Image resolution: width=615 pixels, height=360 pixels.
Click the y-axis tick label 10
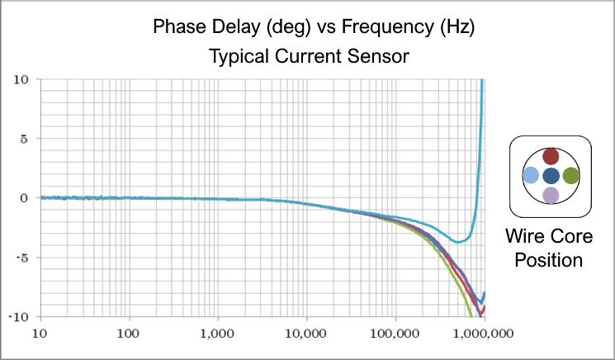[x=21, y=79]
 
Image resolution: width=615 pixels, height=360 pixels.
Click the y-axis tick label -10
[x=19, y=316]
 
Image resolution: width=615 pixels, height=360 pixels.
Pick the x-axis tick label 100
[x=128, y=335]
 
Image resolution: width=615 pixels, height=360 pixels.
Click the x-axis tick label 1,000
[x=217, y=335]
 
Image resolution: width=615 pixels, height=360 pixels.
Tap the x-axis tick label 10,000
[x=306, y=335]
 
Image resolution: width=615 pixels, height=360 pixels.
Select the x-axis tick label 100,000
[x=395, y=335]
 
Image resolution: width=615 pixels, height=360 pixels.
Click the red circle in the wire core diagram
[x=551, y=156]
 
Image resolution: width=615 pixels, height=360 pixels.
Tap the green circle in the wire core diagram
[x=571, y=175]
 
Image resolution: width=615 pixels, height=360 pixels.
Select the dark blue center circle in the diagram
[x=551, y=175]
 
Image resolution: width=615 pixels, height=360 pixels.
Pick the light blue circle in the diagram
[x=532, y=175]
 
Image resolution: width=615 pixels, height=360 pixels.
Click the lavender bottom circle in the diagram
[x=551, y=195]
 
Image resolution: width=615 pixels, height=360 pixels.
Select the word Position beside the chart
[x=549, y=260]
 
